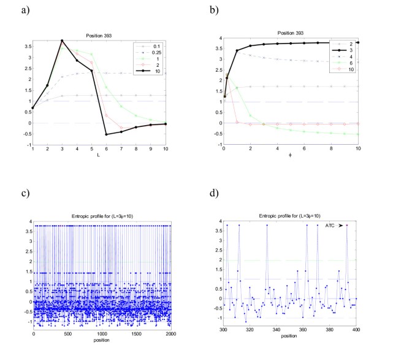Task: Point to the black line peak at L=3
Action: (x=62, y=40)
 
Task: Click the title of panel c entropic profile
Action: (x=102, y=213)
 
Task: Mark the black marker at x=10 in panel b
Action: (x=357, y=42)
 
